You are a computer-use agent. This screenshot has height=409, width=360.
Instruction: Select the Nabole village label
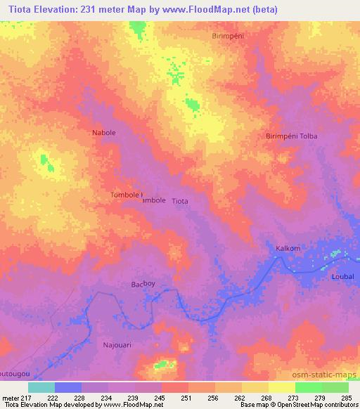(104, 132)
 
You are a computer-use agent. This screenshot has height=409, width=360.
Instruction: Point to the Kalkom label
(288, 248)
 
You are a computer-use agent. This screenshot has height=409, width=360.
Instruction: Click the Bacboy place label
(143, 285)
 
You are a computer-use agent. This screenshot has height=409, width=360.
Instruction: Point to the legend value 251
(187, 397)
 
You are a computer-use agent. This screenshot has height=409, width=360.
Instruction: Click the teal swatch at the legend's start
(41, 387)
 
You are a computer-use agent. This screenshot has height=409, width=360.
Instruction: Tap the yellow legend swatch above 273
(281, 387)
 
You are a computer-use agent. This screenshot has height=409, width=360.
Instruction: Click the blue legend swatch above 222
(68, 387)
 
